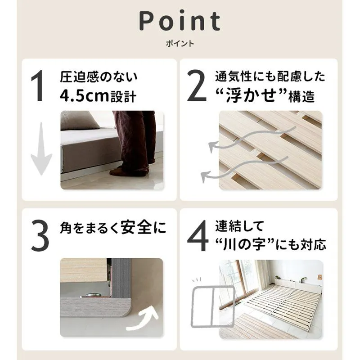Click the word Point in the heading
tap(180, 21)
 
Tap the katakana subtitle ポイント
tap(180, 43)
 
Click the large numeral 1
tap(37, 85)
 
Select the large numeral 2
tap(196, 85)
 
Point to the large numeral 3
tap(40, 235)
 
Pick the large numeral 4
tap(198, 235)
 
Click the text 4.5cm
tap(84, 96)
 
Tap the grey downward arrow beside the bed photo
tap(41, 149)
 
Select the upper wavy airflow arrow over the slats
tap(252, 137)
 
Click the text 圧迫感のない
tap(99, 76)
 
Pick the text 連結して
tap(239, 226)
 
